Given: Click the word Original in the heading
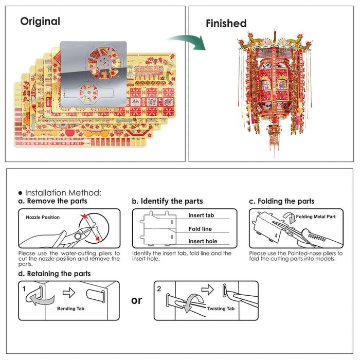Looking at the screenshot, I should click(x=40, y=22).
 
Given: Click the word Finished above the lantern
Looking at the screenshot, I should click(x=226, y=23).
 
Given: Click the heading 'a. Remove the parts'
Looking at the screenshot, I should click(x=52, y=201).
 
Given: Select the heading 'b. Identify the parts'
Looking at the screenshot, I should click(x=167, y=201).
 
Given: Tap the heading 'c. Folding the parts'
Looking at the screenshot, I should click(x=281, y=201).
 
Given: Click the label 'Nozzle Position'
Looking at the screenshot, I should click(x=43, y=218).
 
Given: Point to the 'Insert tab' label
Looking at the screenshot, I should click(x=201, y=215).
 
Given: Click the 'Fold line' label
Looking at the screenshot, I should click(x=200, y=229).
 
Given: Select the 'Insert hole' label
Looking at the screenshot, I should click(x=202, y=241).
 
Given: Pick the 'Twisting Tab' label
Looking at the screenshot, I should click(x=221, y=309).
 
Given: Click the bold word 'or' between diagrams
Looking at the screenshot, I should click(x=136, y=300).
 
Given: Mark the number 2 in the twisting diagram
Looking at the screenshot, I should click(x=159, y=289).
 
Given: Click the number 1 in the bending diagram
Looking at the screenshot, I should click(x=24, y=289).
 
